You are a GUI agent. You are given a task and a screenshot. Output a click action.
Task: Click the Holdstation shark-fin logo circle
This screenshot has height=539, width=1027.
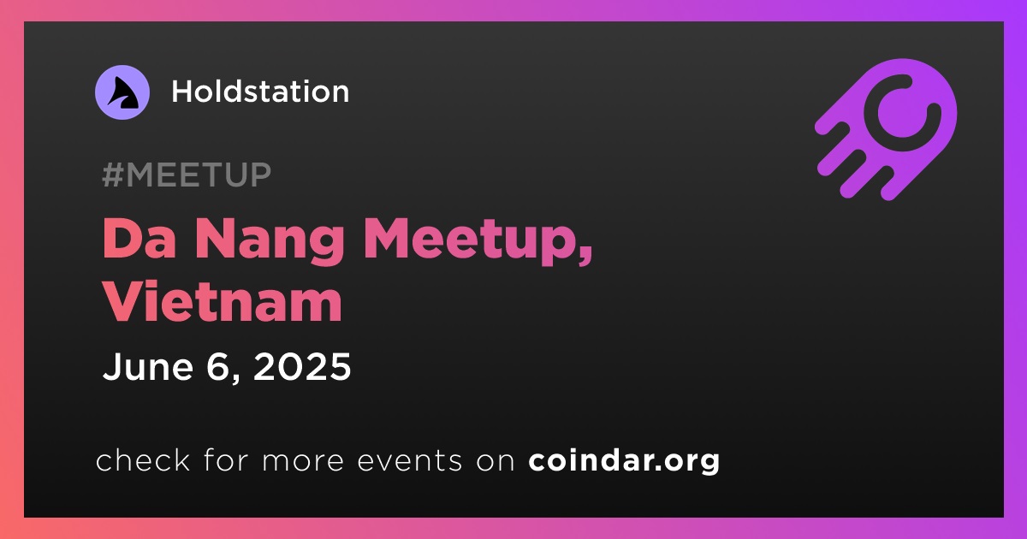(x=122, y=92)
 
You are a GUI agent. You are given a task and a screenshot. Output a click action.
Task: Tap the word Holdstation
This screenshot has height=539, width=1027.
(x=260, y=92)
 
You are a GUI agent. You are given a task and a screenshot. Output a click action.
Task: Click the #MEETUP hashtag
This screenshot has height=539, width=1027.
(x=187, y=175)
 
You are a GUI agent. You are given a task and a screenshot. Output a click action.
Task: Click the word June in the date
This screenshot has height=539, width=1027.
(x=147, y=366)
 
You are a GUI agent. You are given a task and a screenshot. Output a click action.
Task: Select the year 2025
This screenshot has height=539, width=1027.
(x=302, y=366)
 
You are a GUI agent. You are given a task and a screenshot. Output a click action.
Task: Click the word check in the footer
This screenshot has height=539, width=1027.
(x=143, y=460)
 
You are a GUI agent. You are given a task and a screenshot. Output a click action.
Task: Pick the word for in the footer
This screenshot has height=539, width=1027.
(x=226, y=460)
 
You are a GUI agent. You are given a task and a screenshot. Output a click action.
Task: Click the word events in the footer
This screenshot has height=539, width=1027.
(x=409, y=461)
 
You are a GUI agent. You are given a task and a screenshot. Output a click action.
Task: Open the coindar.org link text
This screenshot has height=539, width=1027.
(x=624, y=461)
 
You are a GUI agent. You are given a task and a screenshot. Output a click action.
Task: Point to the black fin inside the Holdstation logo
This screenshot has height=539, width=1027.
(x=123, y=93)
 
